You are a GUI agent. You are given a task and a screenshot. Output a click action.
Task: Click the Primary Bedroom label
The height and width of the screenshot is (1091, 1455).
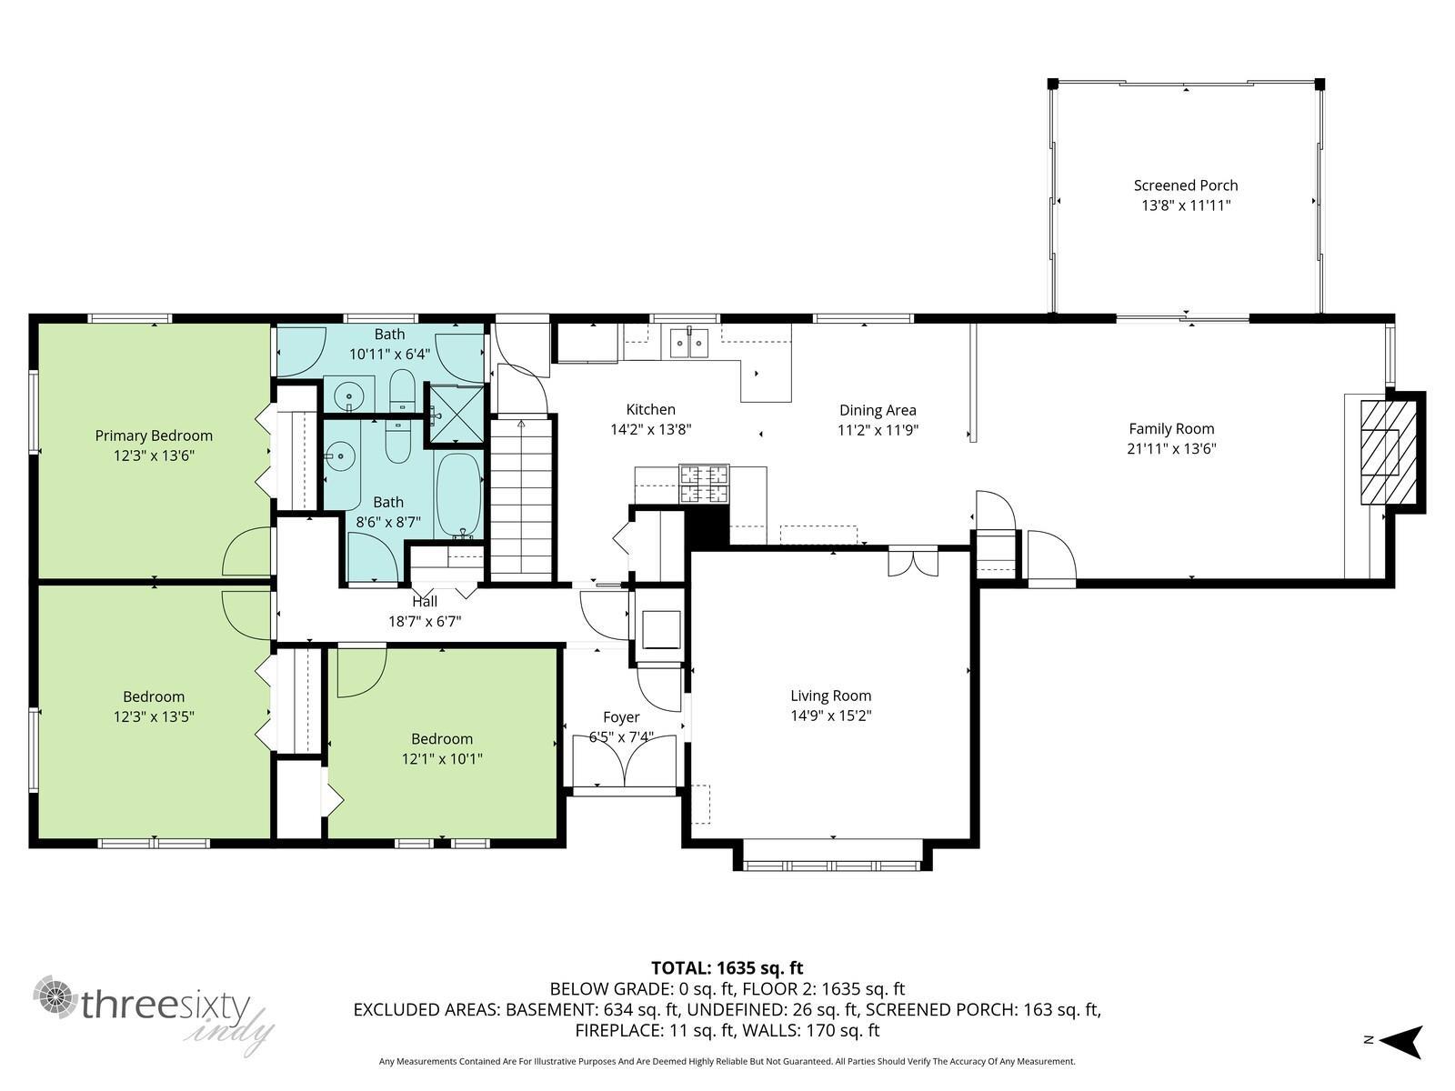pos(154,435)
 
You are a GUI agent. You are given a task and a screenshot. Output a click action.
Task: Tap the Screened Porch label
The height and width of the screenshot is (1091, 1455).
pos(1185,185)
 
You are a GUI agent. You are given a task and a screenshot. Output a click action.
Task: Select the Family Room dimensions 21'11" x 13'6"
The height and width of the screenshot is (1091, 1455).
pos(1171,448)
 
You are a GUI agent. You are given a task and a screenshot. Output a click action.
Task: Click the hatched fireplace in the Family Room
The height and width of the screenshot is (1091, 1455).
pos(1389,453)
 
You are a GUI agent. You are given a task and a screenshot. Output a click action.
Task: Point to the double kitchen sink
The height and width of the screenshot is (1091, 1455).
pos(688,342)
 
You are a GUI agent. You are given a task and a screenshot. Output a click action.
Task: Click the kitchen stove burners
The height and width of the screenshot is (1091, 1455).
pos(704,485)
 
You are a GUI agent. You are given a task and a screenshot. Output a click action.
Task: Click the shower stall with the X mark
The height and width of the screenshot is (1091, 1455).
pos(457,414)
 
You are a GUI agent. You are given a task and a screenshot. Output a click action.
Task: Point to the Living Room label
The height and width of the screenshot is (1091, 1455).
pos(830,696)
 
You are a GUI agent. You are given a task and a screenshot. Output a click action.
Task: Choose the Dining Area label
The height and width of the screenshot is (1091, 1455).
pos(878,411)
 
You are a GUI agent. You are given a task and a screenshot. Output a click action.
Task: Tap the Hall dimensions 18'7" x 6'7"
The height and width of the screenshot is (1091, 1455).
pos(425,621)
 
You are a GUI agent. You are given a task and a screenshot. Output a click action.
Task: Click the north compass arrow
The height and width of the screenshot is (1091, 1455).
pos(1402,1041)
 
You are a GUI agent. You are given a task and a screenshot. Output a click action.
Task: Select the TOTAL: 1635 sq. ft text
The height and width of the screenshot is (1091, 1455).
pos(727,967)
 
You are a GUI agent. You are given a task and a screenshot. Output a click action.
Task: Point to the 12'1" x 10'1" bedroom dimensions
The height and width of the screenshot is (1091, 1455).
pos(441,758)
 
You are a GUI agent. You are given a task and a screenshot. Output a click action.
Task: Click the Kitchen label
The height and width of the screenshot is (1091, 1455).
pos(650,409)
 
